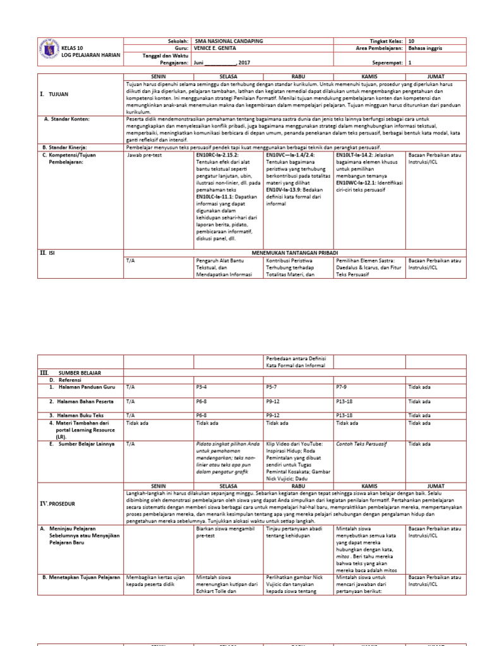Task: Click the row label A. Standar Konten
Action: [67, 119]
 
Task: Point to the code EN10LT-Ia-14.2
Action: [358, 154]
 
